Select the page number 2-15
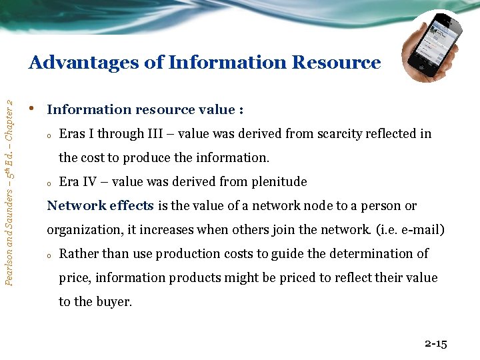click(435, 344)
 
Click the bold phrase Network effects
click(100, 206)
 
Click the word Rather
click(78, 254)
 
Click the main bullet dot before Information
click(32, 108)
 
